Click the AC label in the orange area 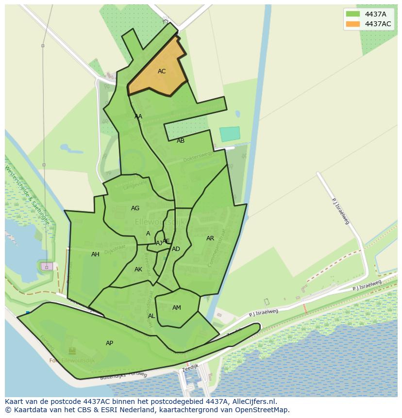162,71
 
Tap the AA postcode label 138,117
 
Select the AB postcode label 181,141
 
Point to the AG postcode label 135,208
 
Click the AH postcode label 95,254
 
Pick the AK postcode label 138,269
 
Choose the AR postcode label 210,238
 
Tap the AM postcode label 177,308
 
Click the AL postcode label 151,316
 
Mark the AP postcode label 109,343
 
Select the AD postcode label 176,249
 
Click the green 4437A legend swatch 353,14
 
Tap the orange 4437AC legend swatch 353,24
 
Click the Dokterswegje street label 198,156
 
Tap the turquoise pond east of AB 230,134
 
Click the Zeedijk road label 191,369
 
